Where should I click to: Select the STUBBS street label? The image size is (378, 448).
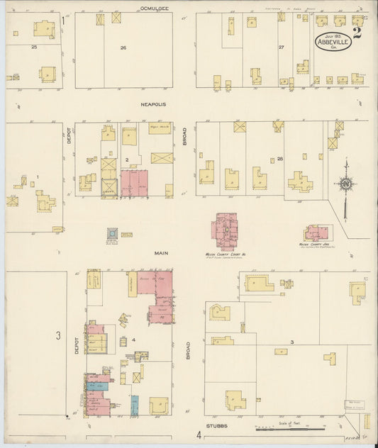216,427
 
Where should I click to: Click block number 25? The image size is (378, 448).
34,47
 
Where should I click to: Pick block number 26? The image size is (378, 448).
123,48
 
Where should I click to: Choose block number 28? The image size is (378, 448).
280,158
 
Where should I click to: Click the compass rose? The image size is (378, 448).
345,186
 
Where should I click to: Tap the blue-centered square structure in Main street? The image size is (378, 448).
111,233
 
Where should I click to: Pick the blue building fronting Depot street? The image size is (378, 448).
98,386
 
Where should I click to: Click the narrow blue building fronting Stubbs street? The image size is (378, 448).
135,405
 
